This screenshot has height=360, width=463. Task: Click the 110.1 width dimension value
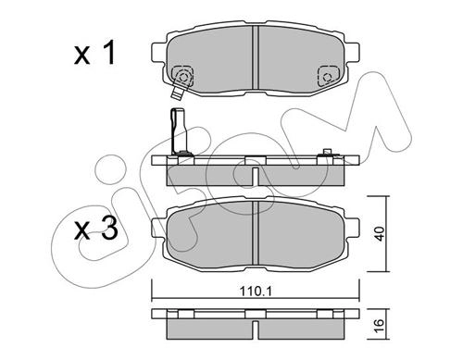(x=256, y=291)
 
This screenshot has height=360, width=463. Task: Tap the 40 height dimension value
(x=381, y=234)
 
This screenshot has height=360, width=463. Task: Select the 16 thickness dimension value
(x=380, y=324)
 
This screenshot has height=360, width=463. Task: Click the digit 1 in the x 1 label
(x=108, y=54)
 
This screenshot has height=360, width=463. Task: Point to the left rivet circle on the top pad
(x=183, y=77)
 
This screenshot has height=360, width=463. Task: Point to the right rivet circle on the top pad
(x=327, y=77)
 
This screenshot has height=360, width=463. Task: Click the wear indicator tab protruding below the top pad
(x=177, y=93)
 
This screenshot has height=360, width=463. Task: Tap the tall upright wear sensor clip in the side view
(x=179, y=130)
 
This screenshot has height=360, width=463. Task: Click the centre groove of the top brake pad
(x=255, y=57)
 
